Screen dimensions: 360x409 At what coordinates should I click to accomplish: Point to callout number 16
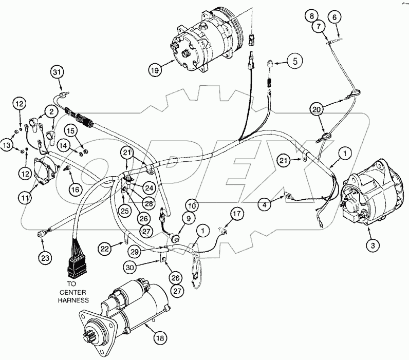[x=75, y=190]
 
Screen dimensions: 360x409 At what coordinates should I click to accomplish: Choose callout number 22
[x=105, y=249]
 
